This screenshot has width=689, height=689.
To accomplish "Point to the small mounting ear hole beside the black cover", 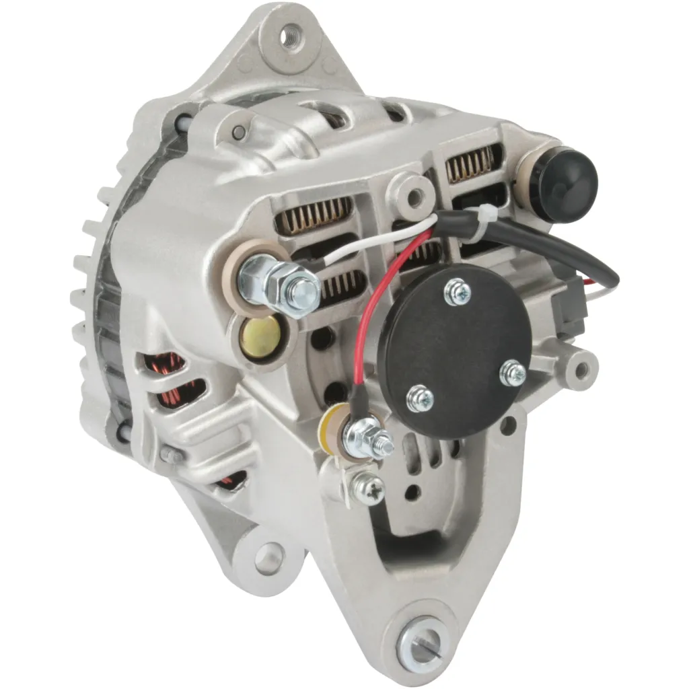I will tap(579, 366).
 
